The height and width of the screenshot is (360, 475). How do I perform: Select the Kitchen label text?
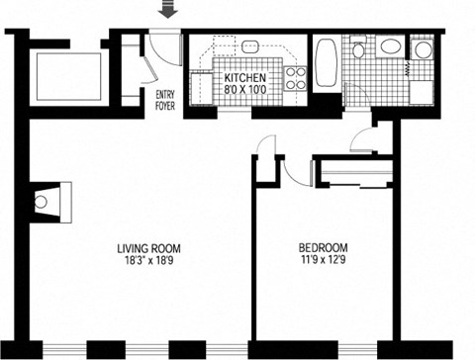[x=243, y=78]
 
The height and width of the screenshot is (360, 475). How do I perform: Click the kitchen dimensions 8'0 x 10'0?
[x=243, y=90]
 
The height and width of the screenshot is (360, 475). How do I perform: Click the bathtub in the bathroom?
[x=327, y=66]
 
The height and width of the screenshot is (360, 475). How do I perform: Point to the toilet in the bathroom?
[x=358, y=48]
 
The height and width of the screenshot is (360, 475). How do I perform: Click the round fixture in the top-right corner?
[x=423, y=49]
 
